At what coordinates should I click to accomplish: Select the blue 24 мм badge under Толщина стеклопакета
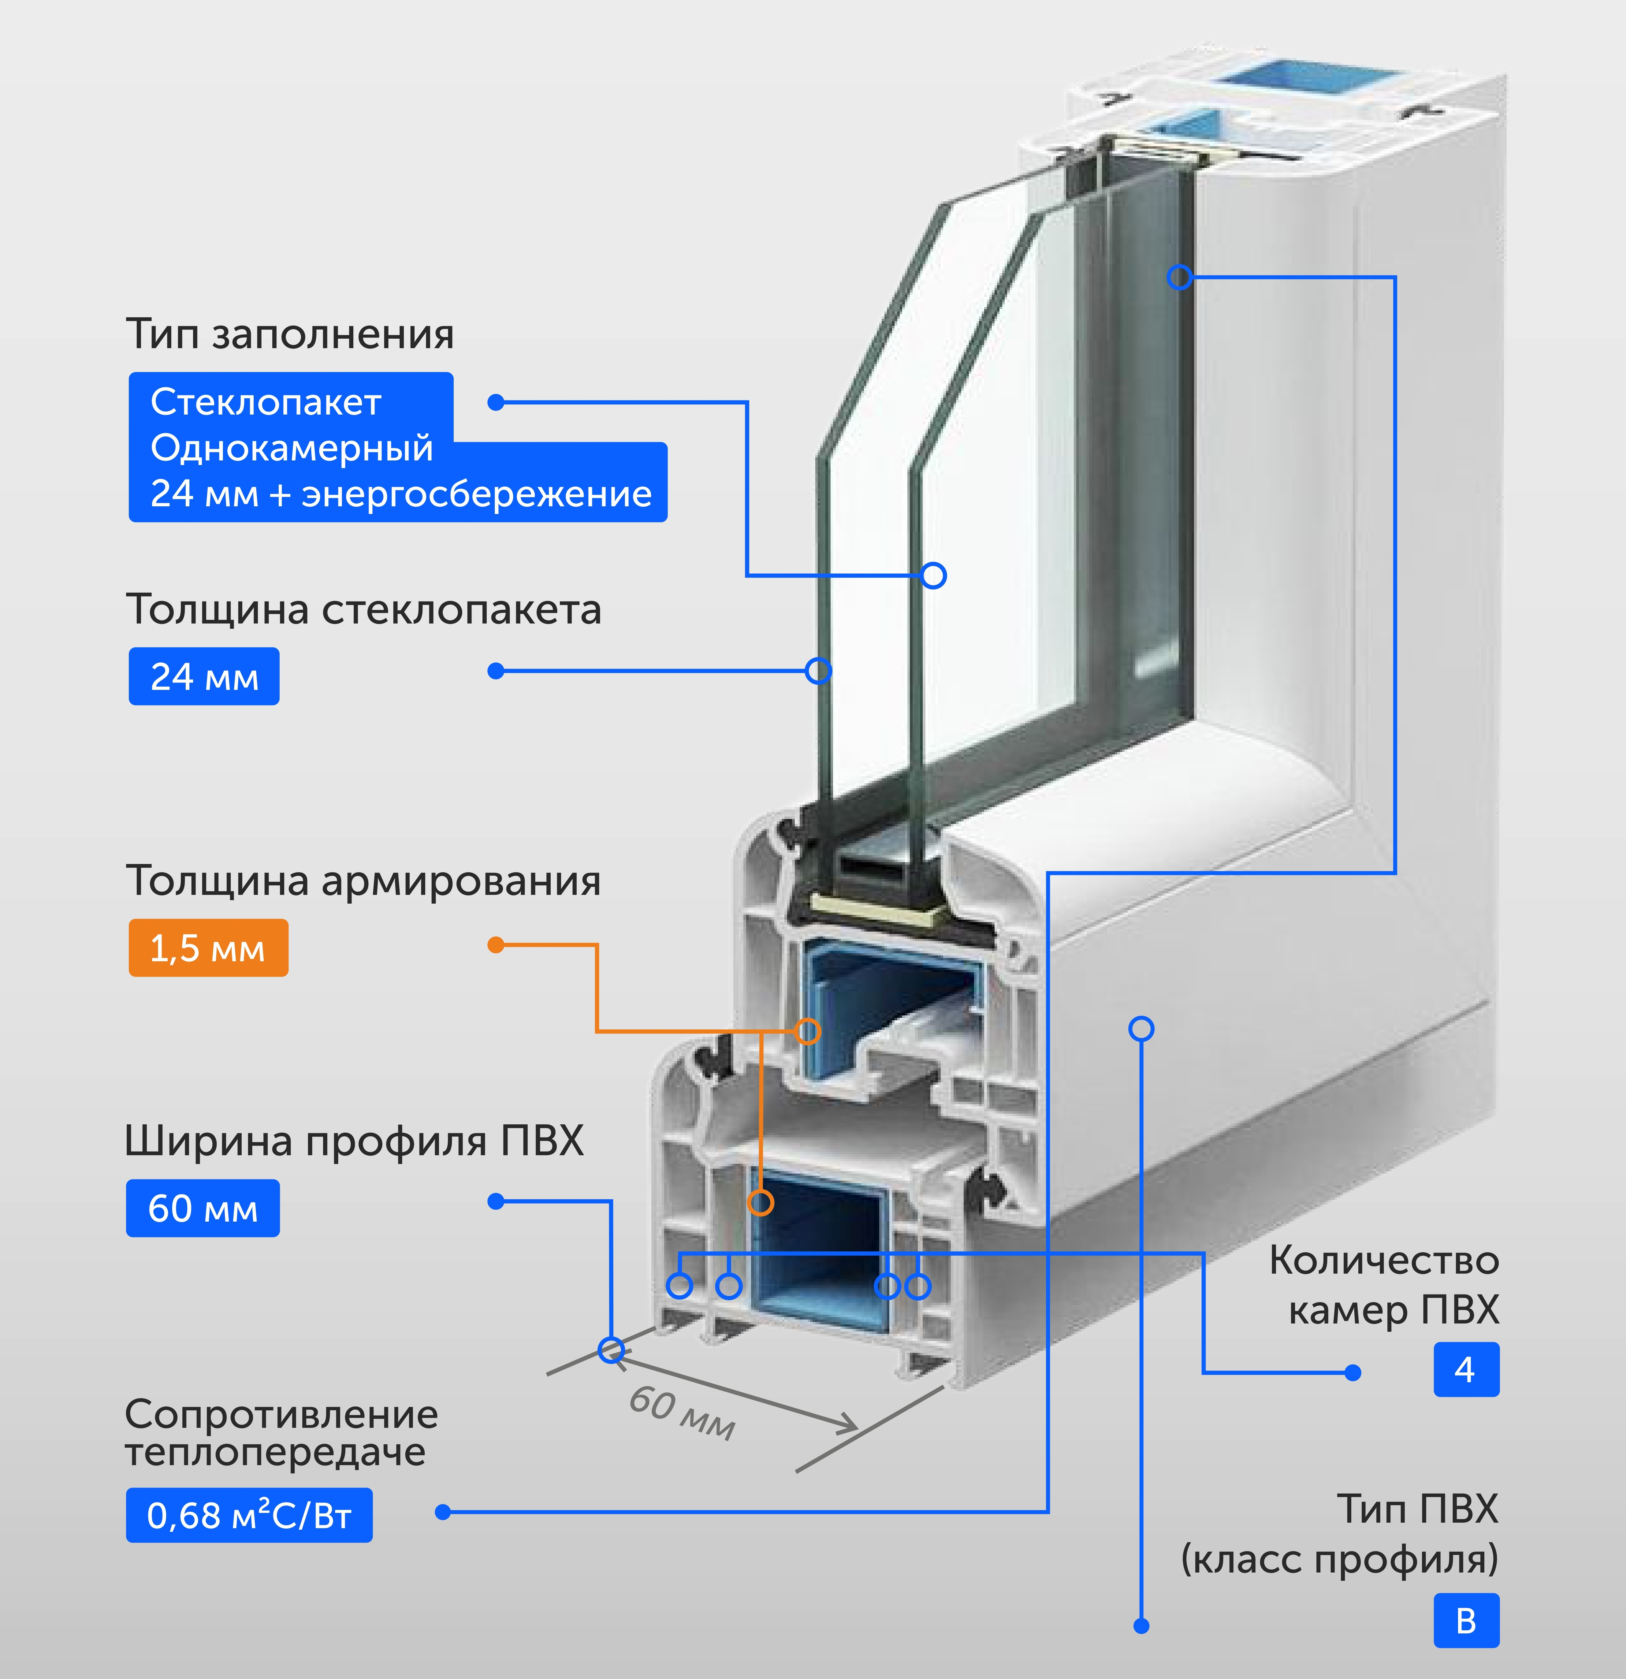[x=204, y=677]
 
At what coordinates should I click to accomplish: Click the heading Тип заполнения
[x=290, y=334]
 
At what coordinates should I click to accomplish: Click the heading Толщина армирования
[x=363, y=880]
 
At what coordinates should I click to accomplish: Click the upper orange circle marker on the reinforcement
[x=807, y=1030]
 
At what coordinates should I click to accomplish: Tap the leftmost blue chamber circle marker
[x=679, y=1286]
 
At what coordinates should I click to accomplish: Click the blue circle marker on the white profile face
[x=1141, y=1029]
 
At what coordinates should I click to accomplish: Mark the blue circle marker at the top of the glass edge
[x=1180, y=277]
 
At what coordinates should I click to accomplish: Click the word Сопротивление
[x=281, y=1415]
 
